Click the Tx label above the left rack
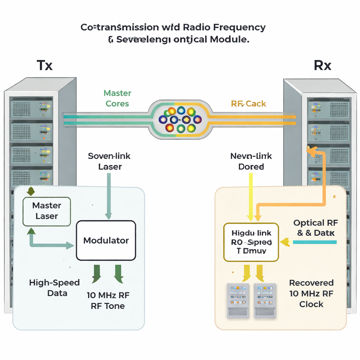45,65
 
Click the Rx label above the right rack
322,65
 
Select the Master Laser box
47,211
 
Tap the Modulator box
106,240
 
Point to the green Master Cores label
117,98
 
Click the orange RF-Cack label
249,104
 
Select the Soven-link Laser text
109,161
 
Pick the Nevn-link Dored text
251,161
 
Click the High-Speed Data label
54,288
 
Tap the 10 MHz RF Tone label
108,300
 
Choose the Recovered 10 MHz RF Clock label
311,293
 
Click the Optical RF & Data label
315,227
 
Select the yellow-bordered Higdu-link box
251,242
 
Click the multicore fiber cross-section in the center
180,120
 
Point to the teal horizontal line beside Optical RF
315,242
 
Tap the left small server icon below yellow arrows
238,301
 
